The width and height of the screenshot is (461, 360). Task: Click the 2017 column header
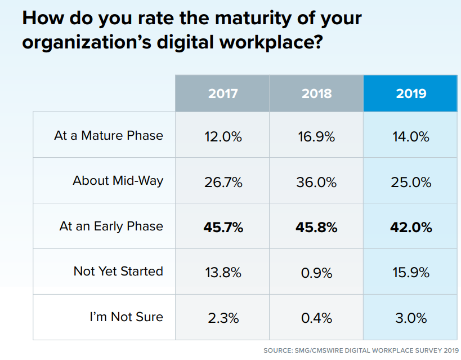point(222,93)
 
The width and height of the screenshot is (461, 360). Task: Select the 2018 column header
point(316,93)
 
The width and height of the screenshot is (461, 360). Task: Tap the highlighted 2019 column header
point(411,93)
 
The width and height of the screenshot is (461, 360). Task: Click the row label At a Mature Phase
point(109,135)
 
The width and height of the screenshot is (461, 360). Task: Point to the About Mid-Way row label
point(118,181)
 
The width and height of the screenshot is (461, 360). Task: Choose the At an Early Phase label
point(111,226)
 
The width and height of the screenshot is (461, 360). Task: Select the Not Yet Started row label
point(118,272)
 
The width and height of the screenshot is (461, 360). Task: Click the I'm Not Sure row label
point(126,317)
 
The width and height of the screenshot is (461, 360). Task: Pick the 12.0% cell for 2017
point(222,136)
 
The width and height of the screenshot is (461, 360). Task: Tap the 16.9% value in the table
point(316,136)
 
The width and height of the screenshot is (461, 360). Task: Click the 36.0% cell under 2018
point(316,182)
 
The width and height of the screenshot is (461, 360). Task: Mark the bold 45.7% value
point(222,228)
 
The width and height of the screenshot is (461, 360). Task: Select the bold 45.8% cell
point(316,228)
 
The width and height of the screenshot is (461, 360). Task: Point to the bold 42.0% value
point(411,228)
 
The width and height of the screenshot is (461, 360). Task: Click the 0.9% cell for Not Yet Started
point(316,273)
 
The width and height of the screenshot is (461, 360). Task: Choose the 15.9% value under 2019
point(411,273)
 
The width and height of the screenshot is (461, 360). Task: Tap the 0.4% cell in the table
point(316,318)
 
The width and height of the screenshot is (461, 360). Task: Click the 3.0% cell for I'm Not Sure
point(411,318)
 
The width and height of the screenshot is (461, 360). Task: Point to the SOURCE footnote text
point(361,350)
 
